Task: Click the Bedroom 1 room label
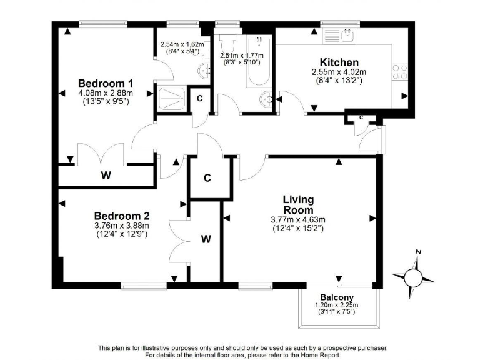coord(105,83)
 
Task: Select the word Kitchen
coord(339,62)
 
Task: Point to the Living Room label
coord(297,205)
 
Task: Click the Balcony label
coord(337,297)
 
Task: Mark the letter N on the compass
coord(419,252)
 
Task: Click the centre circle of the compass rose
coord(412,276)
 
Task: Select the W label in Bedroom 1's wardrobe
coord(106,176)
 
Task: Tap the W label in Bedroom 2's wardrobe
coord(206,239)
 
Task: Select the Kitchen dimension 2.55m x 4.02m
coord(339,72)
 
